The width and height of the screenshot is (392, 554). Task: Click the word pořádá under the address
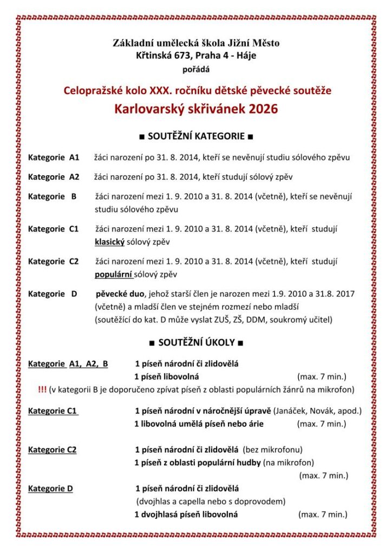[195, 69]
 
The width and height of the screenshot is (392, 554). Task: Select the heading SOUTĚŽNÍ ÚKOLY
[196, 342]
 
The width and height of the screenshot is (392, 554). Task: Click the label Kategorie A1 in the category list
[54, 157]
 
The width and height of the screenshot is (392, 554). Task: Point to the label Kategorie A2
[54, 177]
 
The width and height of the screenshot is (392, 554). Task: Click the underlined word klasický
[110, 242]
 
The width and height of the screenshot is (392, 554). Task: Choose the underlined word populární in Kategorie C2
[114, 274]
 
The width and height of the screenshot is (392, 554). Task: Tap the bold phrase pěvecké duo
[120, 294]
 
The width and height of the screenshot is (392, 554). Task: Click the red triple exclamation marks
[42, 390]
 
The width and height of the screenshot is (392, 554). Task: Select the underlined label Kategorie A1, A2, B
[68, 364]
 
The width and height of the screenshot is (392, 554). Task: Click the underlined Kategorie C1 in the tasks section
[53, 411]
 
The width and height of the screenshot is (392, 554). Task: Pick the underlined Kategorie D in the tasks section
[50, 489]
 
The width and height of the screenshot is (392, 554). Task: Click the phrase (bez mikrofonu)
[272, 450]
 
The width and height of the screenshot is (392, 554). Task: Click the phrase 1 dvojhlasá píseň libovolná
[186, 515]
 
